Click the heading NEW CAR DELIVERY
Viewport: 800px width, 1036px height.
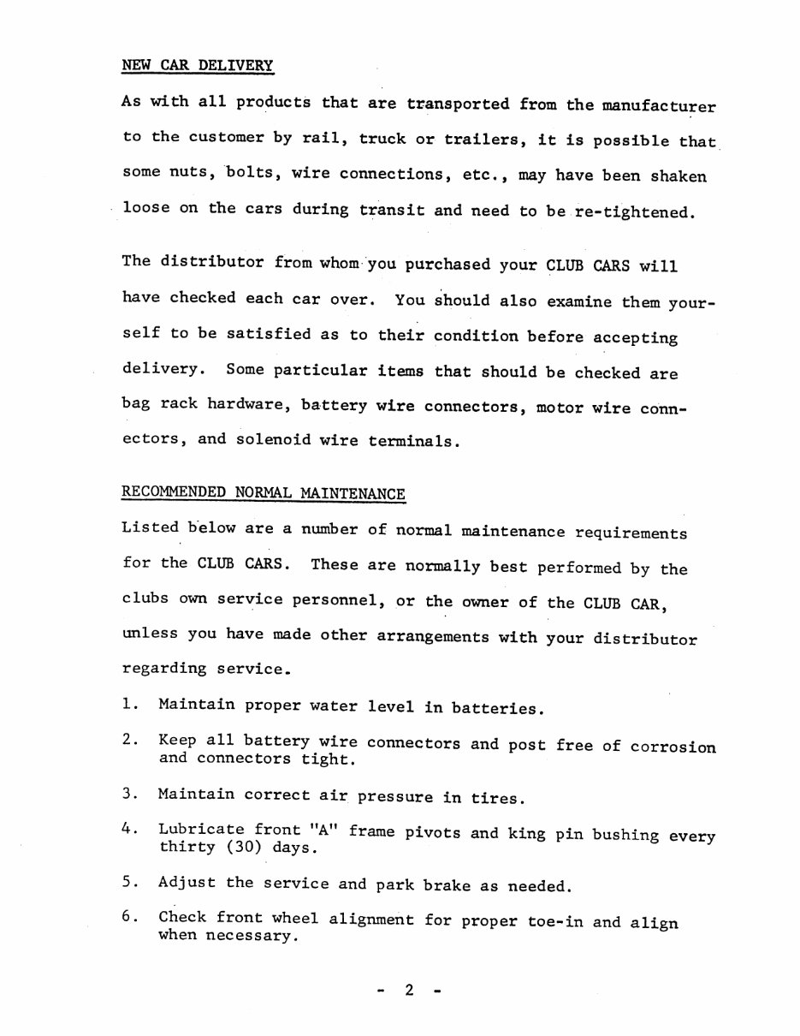tap(198, 65)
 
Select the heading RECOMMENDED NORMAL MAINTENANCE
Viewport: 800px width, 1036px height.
tap(264, 493)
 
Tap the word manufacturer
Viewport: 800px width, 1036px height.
tap(658, 106)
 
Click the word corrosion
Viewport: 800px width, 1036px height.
tap(673, 746)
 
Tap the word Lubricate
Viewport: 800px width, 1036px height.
tap(201, 830)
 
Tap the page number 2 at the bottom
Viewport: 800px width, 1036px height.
tap(409, 991)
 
